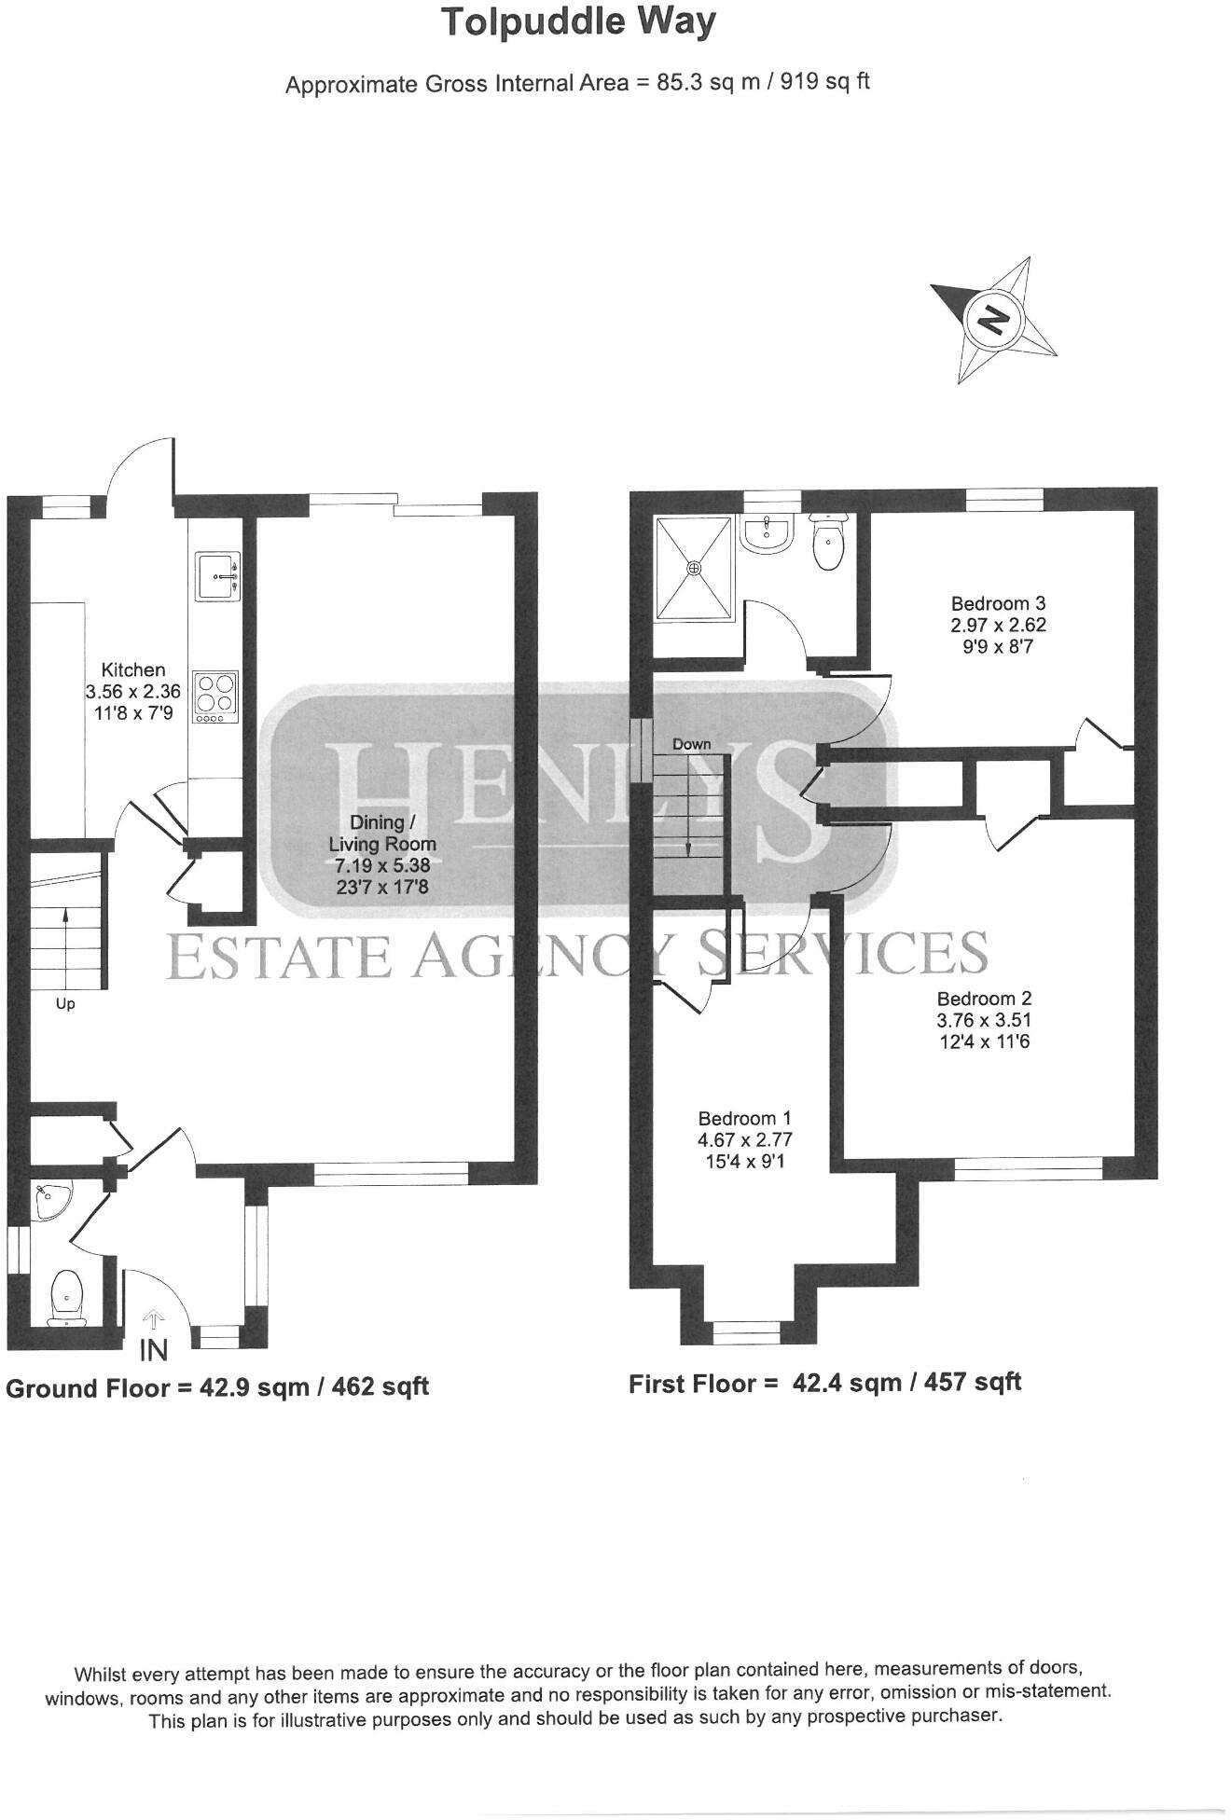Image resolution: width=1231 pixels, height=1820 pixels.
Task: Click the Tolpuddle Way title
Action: point(578,21)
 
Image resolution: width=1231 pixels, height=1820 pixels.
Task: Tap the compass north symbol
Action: point(993,320)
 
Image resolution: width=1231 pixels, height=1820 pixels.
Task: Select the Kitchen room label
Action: point(133,669)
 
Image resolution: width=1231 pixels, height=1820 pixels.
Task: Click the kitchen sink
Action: point(217,576)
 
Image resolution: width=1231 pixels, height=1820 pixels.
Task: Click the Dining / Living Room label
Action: point(381,833)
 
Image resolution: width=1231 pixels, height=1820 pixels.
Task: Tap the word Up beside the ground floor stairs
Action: point(65,1004)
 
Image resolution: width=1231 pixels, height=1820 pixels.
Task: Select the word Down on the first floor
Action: point(691,744)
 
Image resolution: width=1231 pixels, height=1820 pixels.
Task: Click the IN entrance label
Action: point(153,1349)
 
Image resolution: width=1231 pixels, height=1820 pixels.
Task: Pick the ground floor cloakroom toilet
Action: point(66,1294)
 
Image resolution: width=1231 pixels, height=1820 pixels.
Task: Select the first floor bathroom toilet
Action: point(826,545)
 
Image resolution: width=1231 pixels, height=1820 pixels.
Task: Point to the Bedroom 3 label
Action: point(991,603)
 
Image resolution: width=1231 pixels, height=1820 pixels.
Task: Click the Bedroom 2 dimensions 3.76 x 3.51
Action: point(984,1020)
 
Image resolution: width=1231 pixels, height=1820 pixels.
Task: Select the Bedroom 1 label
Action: point(744,1118)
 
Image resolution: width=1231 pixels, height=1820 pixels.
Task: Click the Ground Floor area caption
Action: point(217,1387)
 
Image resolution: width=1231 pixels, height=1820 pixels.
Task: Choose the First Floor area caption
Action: point(824,1383)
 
